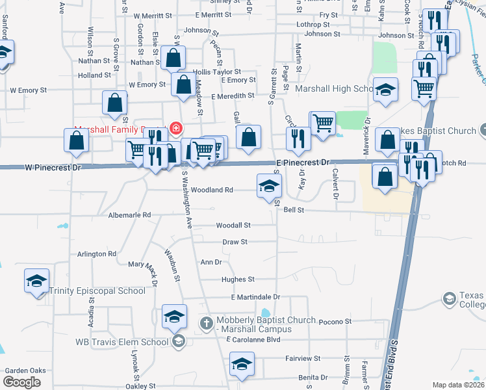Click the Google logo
point(21,382)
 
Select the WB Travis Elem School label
point(122,342)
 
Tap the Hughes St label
point(238,279)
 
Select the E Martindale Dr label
point(255,297)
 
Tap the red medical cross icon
point(174,130)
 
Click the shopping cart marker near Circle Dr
point(323,122)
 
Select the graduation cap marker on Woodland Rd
point(269,187)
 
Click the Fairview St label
point(303,358)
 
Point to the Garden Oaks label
point(25,370)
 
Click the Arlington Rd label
point(97,254)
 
